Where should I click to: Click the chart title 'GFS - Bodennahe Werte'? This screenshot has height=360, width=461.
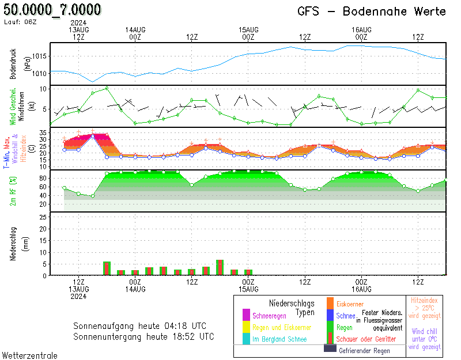pyautogui.click(x=372, y=12)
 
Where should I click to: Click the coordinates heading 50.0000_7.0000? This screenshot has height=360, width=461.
pyautogui.click(x=52, y=9)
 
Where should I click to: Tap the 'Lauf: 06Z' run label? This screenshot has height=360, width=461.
pyautogui.click(x=20, y=22)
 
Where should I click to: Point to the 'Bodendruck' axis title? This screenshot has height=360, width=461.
pyautogui.click(x=13, y=64)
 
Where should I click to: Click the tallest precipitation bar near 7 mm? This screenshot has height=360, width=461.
pyautogui.click(x=220, y=267)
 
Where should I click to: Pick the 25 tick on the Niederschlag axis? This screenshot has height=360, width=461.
pyautogui.click(x=43, y=217)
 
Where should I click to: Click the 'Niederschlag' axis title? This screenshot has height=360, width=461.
pyautogui.click(x=13, y=244)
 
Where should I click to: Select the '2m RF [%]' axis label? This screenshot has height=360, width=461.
pyautogui.click(x=13, y=191)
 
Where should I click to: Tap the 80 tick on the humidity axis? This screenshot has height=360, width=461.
pyautogui.click(x=43, y=178)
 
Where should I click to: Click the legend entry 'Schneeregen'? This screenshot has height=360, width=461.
pyautogui.click(x=269, y=316)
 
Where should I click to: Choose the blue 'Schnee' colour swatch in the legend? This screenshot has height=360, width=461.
pyautogui.click(x=330, y=315)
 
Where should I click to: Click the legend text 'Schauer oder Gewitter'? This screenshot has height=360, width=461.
pyautogui.click(x=366, y=339)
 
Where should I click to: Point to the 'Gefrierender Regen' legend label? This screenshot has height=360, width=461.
pyautogui.click(x=364, y=351)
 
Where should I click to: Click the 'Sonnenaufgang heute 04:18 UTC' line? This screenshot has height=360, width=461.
pyautogui.click(x=139, y=326)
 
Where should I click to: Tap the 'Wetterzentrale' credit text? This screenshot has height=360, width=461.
pyautogui.click(x=30, y=355)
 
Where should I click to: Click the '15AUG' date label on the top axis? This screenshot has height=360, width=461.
pyautogui.click(x=248, y=30)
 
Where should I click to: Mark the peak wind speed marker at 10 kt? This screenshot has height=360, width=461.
pyautogui.click(x=107, y=88)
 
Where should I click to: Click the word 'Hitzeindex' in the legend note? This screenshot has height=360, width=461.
pyautogui.click(x=424, y=300)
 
